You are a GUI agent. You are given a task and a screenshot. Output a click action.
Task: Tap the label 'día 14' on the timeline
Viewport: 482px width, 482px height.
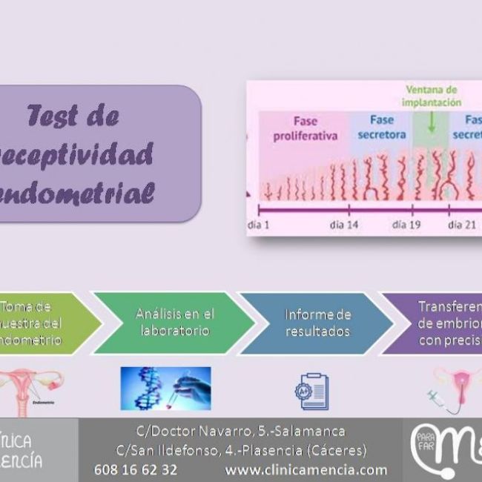click(343, 225)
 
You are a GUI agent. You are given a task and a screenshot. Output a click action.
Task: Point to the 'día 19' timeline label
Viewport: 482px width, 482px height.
click(406, 225)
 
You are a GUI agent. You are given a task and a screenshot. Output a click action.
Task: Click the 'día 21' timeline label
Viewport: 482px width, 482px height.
click(460, 225)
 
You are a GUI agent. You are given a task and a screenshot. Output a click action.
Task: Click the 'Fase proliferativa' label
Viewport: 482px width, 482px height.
click(305, 128)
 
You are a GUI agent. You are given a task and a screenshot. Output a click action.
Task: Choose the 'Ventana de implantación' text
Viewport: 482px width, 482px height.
click(432, 96)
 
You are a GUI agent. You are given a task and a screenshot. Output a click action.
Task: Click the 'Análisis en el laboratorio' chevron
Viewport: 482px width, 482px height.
click(175, 323)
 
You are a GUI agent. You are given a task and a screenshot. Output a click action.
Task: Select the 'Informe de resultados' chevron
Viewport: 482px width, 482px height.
click(317, 323)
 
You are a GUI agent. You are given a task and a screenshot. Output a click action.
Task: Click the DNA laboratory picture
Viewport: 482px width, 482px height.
click(165, 389)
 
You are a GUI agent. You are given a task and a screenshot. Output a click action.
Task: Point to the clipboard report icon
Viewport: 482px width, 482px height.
click(312, 392)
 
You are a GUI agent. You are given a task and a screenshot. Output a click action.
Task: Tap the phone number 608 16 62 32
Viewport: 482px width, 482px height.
click(136, 469)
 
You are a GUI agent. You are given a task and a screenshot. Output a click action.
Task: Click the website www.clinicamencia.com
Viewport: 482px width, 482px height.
click(306, 469)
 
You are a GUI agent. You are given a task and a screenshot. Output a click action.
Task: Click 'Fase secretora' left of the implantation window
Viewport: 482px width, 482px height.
click(382, 127)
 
